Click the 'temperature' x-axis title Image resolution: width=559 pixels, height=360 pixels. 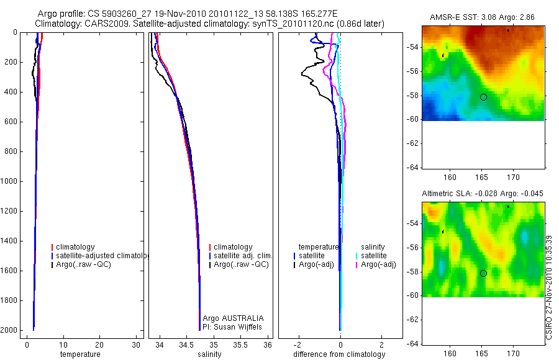click(x=80, y=354)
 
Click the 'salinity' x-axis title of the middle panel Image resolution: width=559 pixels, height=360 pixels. click(x=209, y=354)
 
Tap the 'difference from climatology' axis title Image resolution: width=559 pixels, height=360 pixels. click(x=339, y=354)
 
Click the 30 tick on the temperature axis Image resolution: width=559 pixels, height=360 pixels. click(x=136, y=344)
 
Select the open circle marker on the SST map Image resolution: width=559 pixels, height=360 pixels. click(x=483, y=97)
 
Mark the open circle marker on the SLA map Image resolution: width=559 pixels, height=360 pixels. click(x=483, y=273)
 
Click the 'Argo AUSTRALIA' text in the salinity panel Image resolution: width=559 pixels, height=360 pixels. click(x=233, y=318)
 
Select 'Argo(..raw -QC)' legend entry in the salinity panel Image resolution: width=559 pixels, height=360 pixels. click(x=241, y=264)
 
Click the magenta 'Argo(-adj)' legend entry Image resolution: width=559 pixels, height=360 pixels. click(x=378, y=265)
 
